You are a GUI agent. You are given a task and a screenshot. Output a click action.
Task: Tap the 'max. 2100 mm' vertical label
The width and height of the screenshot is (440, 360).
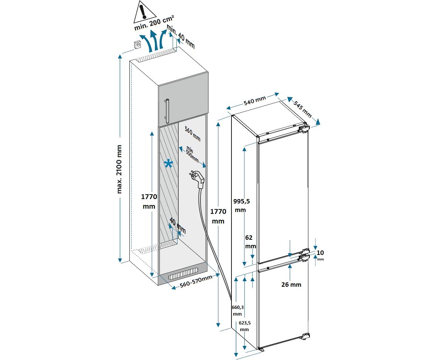pos(119,169)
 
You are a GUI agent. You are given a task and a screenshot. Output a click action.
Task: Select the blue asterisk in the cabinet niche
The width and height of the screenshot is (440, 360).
pos(169,164)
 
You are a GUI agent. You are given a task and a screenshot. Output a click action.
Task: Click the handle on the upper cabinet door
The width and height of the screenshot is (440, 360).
pos(167,111)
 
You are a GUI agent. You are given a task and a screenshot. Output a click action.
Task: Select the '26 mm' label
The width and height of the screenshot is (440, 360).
pos(291,285)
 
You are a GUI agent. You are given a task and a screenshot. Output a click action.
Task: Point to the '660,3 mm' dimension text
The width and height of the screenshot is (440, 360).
pos(238,310)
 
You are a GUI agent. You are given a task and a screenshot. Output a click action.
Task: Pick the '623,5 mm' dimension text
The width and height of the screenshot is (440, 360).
pos(244,326)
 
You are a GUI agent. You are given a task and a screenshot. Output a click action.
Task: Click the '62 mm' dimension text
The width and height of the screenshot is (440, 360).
pos(250,242)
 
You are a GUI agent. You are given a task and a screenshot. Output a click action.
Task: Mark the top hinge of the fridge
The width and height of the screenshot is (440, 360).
pos(303,128)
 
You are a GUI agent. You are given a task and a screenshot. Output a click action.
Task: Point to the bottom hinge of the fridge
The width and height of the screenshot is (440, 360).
pos(305,336)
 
